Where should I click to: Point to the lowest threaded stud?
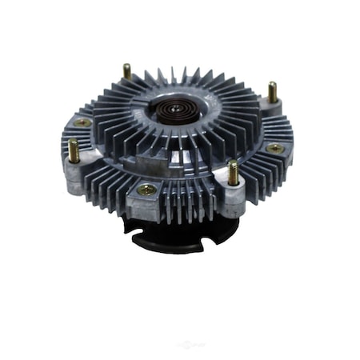tap(234, 174)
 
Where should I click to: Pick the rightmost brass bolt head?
tap(274, 149)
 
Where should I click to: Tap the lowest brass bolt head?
tap(146, 190)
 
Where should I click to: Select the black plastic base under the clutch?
tap(172, 232)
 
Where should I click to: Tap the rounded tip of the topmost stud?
tap(126, 66)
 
